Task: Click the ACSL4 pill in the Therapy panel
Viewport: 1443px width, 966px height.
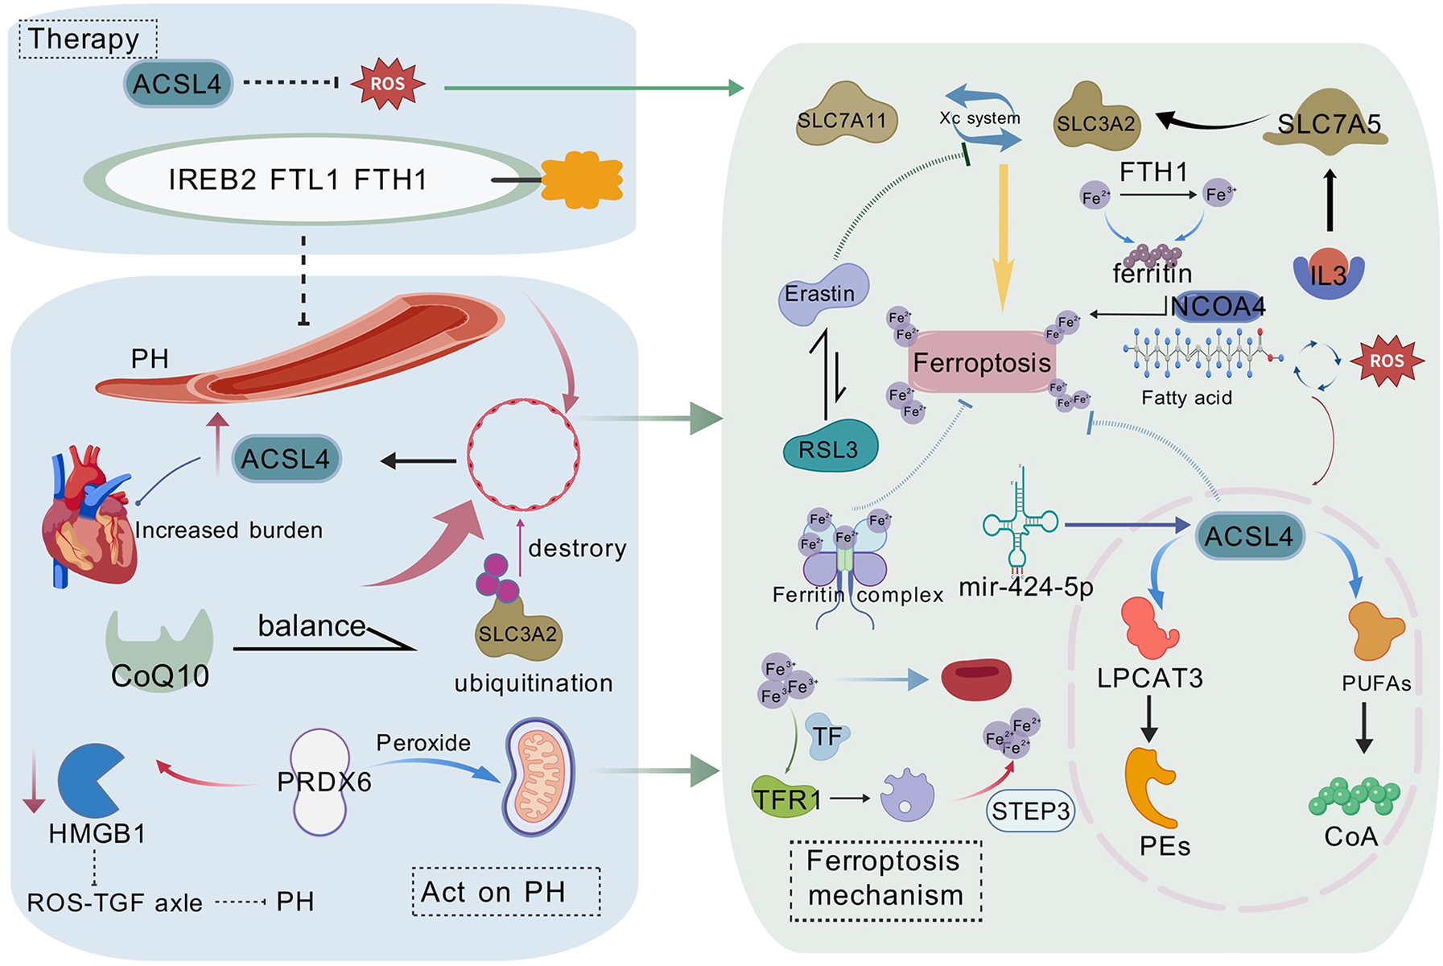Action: (178, 84)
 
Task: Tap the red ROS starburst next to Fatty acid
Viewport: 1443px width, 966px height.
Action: (1386, 361)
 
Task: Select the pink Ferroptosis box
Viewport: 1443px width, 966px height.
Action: (981, 362)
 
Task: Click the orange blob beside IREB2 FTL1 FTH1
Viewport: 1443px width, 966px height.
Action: (582, 178)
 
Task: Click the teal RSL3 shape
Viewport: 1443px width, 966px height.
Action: (830, 446)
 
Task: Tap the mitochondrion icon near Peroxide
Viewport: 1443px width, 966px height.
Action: (540, 778)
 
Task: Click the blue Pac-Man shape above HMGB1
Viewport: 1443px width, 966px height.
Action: (89, 778)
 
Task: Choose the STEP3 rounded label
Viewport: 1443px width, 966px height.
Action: (1030, 811)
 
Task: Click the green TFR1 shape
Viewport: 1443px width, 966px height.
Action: (785, 798)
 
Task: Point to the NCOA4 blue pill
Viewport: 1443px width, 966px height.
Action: (1217, 307)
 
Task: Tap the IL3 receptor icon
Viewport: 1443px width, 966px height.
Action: (1328, 274)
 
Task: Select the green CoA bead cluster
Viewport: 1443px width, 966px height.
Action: (1354, 795)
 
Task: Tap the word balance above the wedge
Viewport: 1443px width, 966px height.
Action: (311, 625)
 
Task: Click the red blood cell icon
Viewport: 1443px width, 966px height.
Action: (975, 679)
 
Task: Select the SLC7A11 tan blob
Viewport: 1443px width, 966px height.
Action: (845, 118)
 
